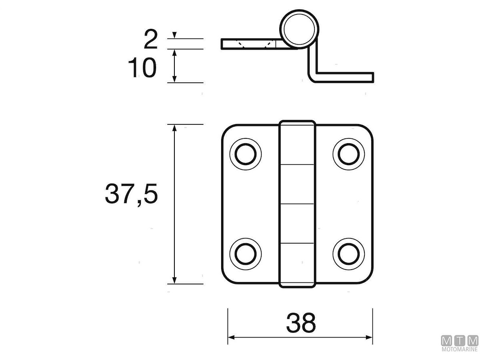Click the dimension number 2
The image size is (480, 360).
coord(151,40)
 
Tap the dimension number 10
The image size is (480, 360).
coord(142,68)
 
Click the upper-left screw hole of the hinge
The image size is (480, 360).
coord(245,154)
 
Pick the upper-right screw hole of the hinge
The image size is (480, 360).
coord(348,154)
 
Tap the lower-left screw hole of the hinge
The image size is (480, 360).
coord(245,254)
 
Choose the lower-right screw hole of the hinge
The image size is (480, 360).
coord(348,254)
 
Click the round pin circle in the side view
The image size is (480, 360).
coord(299,29)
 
